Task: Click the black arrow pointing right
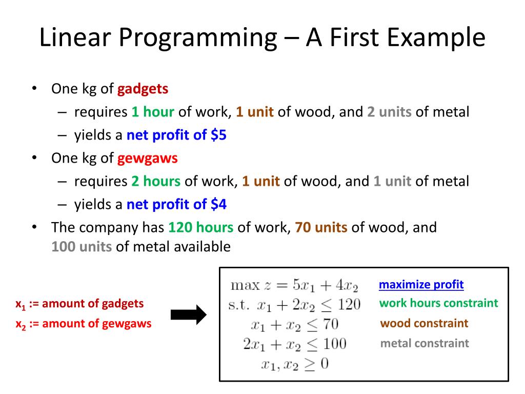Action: (188, 314)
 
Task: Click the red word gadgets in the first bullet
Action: (143, 89)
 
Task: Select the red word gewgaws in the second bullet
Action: (147, 158)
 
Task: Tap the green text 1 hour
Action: (153, 112)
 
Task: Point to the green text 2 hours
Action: (155, 181)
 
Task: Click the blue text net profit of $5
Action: (176, 135)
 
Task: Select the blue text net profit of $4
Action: (176, 205)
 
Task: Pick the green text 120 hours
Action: (200, 227)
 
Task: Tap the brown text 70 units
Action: (321, 227)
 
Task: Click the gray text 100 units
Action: (82, 247)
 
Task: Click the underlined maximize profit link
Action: (421, 285)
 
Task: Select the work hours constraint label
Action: (438, 303)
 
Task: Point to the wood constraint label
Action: (425, 323)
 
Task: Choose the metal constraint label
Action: (425, 343)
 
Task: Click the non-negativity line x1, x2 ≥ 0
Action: (295, 364)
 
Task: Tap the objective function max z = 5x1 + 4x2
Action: (294, 285)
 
